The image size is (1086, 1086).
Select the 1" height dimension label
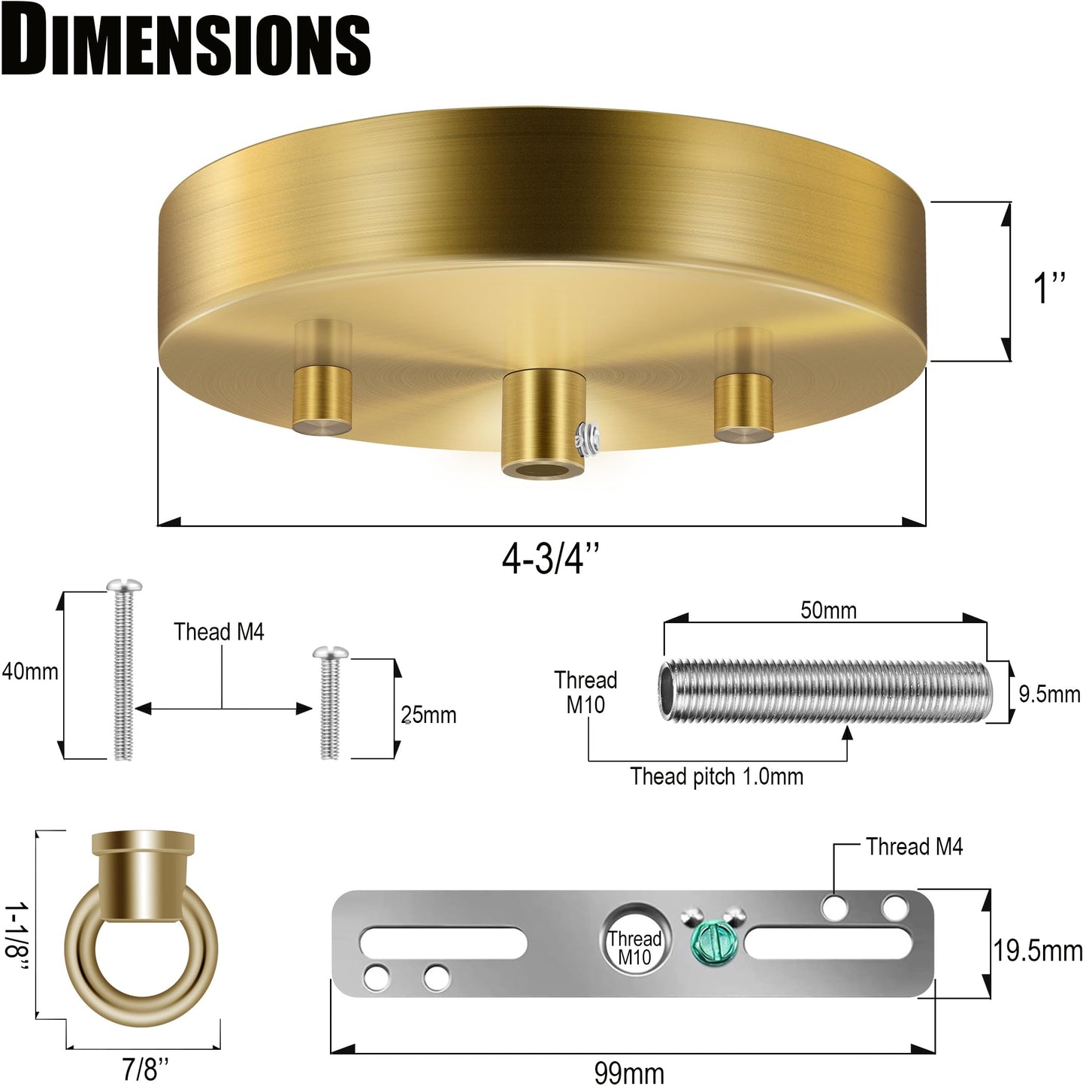pyautogui.click(x=1050, y=288)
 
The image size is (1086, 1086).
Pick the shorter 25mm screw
pyautogui.click(x=329, y=703)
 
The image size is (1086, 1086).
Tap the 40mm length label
pyautogui.click(x=30, y=671)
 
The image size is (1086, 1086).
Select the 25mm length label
pyautogui.click(x=428, y=715)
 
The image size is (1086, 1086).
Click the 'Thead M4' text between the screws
pyautogui.click(x=219, y=632)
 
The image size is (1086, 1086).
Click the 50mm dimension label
pyautogui.click(x=827, y=610)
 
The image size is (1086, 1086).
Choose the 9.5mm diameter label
pyautogui.click(x=1049, y=694)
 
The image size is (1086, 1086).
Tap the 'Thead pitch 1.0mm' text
pyautogui.click(x=716, y=776)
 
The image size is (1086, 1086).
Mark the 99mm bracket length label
pyautogui.click(x=628, y=1072)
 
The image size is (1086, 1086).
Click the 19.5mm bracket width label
pyautogui.click(x=1038, y=951)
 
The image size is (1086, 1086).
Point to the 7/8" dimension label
pyautogui.click(x=146, y=1069)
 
